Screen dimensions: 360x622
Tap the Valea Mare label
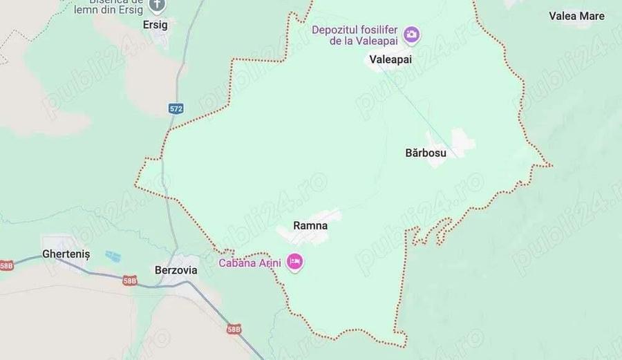576,15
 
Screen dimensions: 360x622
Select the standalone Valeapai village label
390,59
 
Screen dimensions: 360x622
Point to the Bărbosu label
425,153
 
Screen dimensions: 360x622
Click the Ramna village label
310,225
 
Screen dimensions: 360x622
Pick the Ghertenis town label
66,254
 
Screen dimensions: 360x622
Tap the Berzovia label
175,270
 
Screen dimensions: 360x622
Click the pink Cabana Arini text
252,263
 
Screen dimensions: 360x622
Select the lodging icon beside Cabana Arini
295,263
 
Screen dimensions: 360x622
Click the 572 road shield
176,108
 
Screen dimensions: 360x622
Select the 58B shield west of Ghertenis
6,265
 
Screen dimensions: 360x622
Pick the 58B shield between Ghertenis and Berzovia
129,281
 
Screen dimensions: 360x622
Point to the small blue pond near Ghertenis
113,256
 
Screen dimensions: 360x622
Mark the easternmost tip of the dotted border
551,165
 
